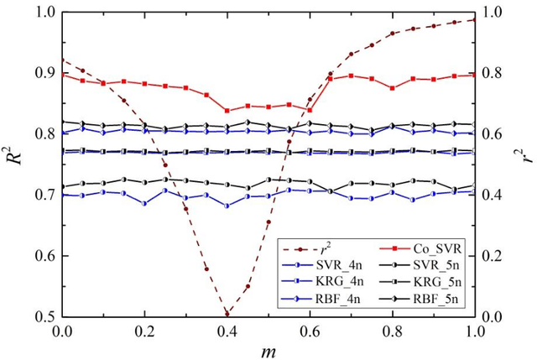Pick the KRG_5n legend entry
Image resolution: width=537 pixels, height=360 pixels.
coord(428,282)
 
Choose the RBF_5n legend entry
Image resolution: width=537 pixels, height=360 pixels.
coord(428,298)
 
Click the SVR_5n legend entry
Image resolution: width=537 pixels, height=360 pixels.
coord(428,266)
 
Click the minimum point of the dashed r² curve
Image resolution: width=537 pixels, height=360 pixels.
coord(227,314)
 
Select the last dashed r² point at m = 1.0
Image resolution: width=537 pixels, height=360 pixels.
coord(475,19)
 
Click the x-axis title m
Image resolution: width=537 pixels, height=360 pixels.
coord(268,349)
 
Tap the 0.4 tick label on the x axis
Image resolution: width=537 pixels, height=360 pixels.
coord(227,331)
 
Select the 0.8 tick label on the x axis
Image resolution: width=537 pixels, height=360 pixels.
coord(393,331)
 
